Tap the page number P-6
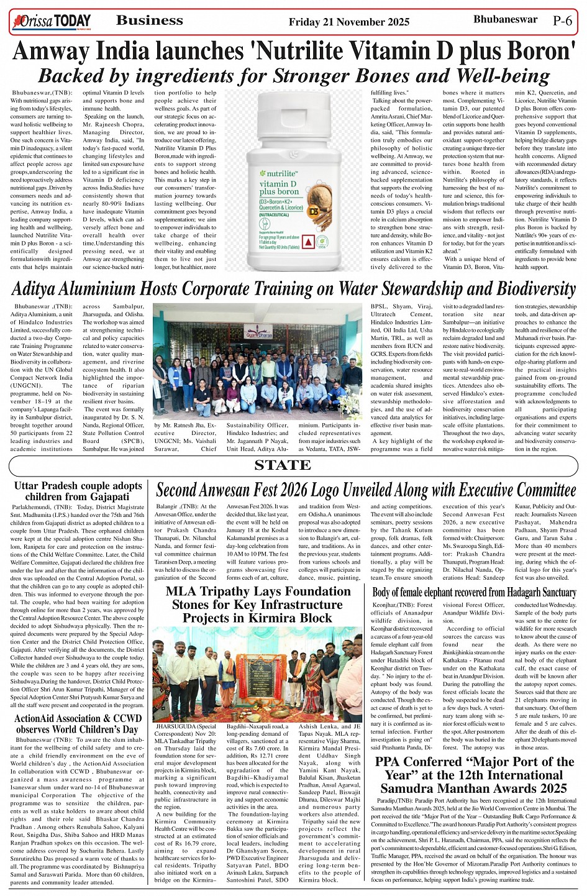coord(562,21)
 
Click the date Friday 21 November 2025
coord(348,22)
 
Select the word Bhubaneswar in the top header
coord(506,19)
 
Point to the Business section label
coord(149,21)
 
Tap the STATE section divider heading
coord(283,465)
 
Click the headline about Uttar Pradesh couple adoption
coord(78,491)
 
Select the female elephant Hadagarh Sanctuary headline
coord(474,592)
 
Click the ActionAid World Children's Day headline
coord(78,724)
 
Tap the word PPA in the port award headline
coord(391,762)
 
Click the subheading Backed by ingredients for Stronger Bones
coord(293,76)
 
